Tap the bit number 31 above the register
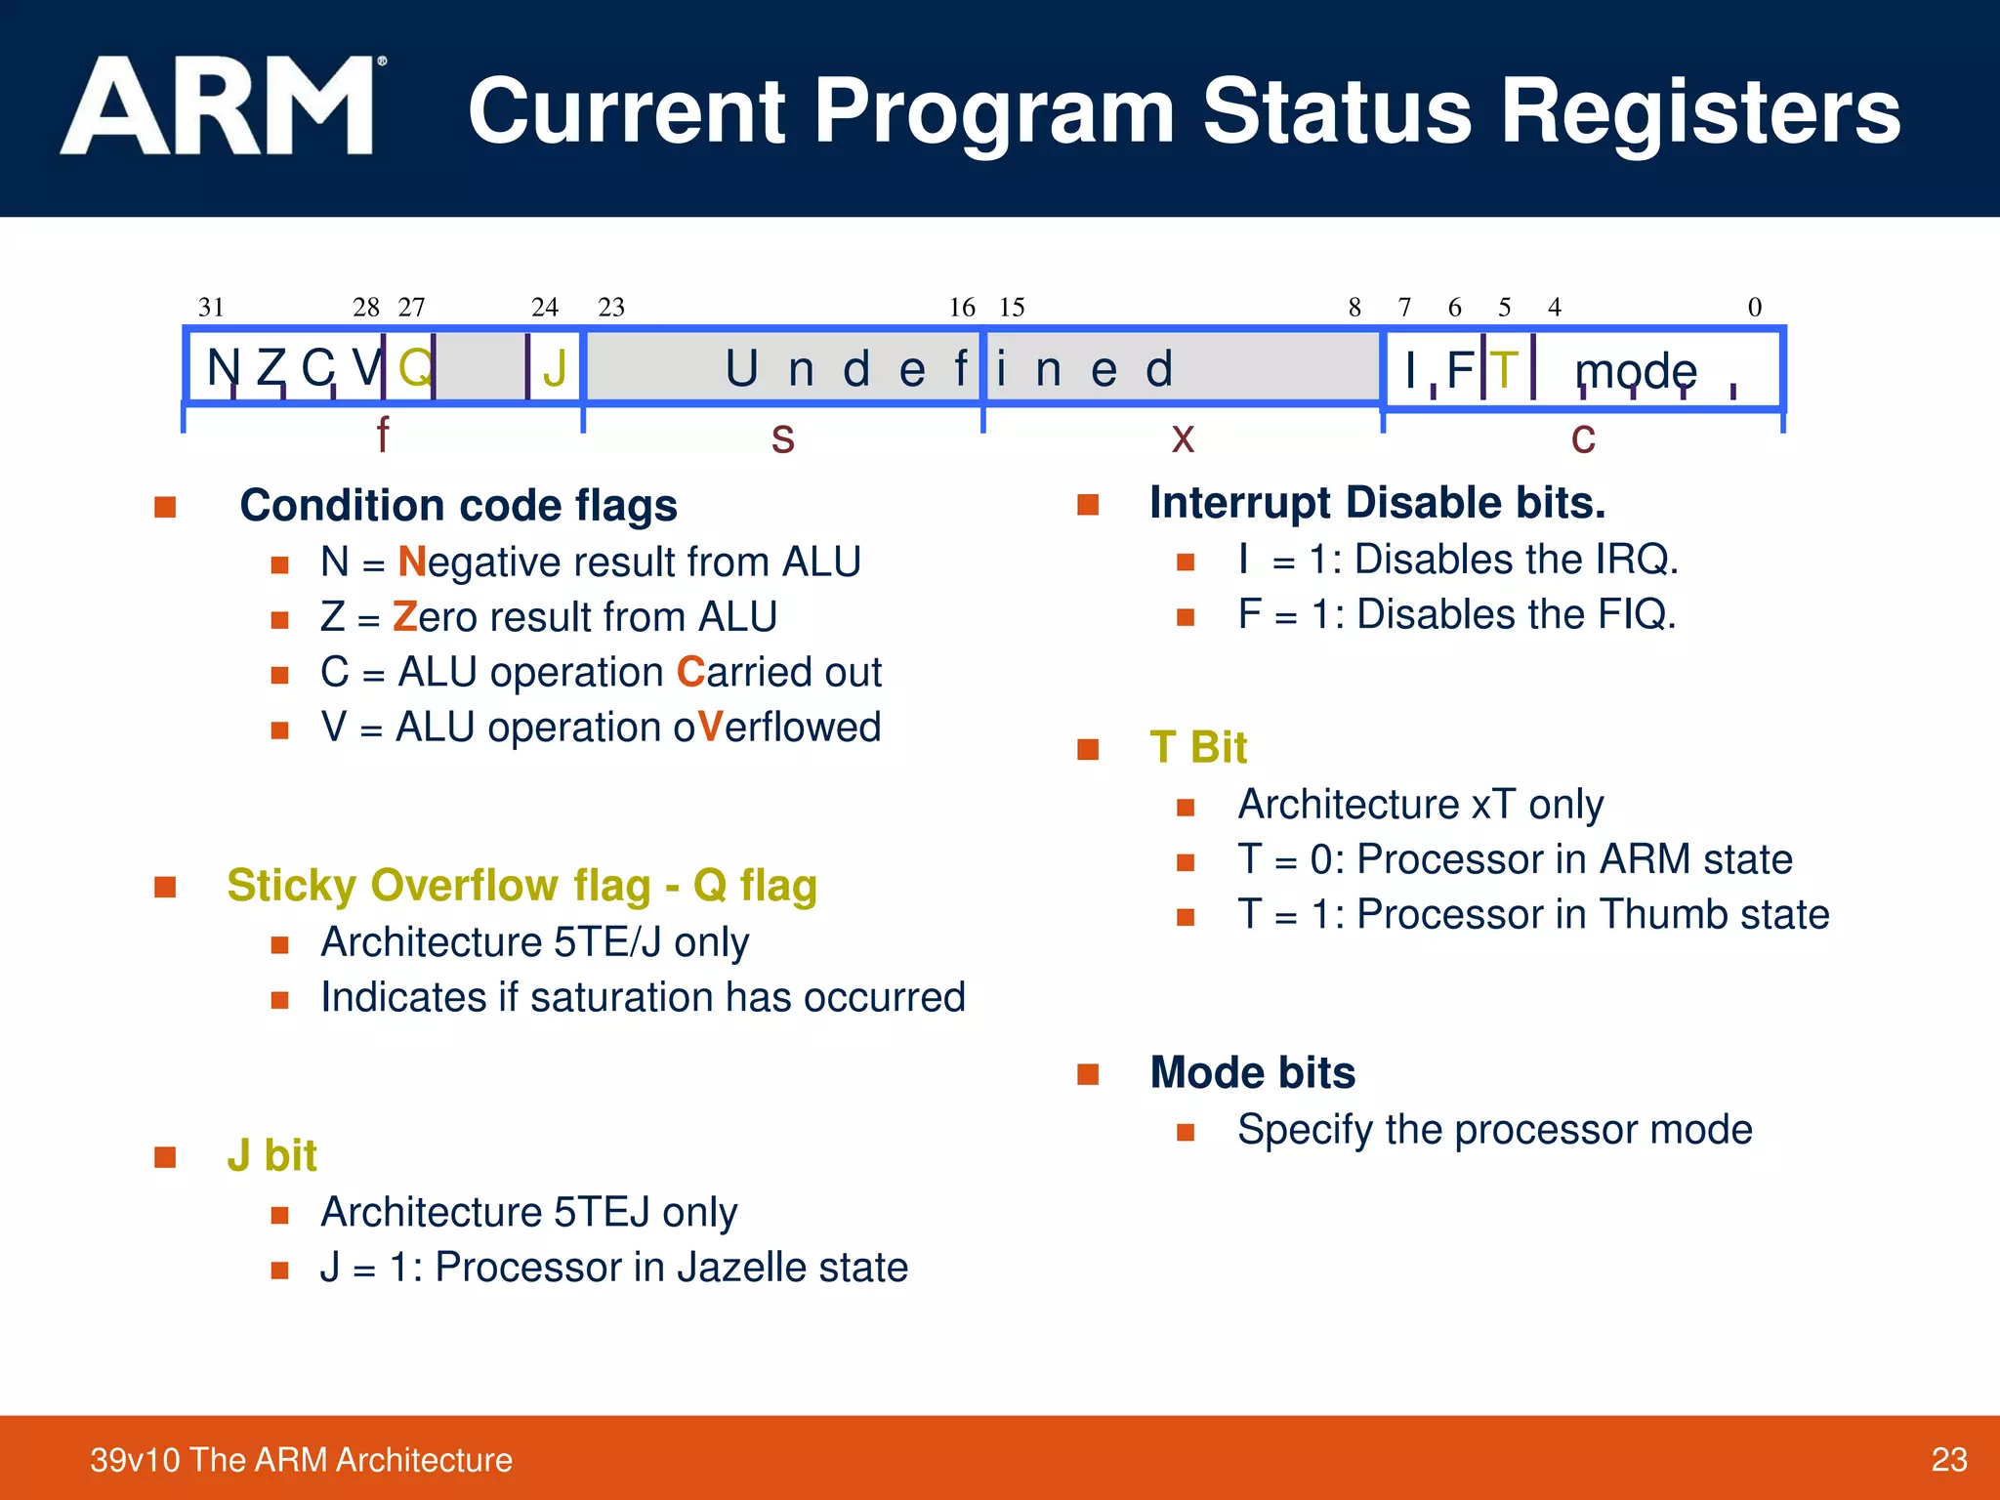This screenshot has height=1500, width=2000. (211, 308)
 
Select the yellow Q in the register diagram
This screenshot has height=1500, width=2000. (415, 368)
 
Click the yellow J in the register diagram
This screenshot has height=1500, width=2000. (555, 369)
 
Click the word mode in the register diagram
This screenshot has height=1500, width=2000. (1636, 371)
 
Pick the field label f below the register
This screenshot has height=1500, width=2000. (383, 435)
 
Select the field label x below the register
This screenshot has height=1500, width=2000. (1183, 437)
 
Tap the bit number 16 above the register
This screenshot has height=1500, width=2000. (962, 308)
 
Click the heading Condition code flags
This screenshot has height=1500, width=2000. (458, 506)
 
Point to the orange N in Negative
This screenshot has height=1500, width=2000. (412, 562)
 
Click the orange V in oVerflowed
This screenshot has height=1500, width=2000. (710, 728)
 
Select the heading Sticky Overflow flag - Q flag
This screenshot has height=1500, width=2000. (521, 886)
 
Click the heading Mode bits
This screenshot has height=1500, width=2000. (1252, 1072)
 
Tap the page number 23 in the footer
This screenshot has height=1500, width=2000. (1948, 1459)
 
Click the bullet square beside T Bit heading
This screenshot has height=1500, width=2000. (1088, 749)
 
